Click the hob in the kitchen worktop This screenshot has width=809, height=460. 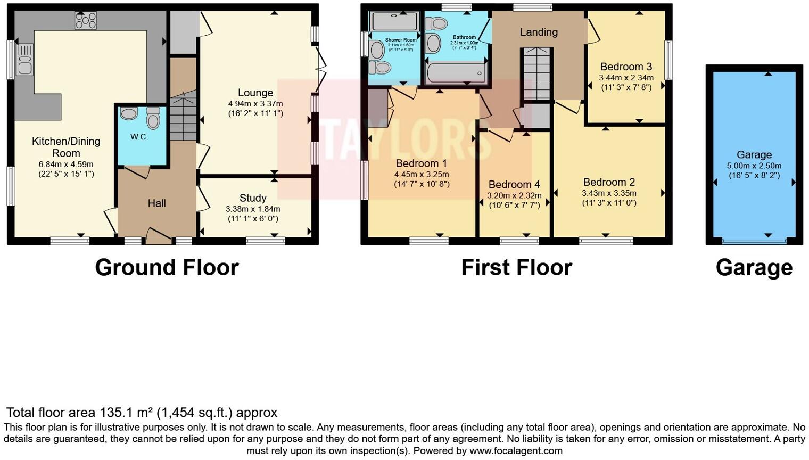click(86, 21)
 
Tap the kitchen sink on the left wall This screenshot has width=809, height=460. click(24, 59)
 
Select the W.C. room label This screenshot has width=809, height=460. click(139, 137)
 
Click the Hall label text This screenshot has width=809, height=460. click(157, 203)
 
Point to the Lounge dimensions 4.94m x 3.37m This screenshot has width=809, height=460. click(255, 104)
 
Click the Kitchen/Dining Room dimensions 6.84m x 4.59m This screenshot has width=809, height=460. click(66, 165)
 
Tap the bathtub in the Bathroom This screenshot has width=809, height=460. click(456, 73)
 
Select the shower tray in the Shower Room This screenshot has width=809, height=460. click(394, 21)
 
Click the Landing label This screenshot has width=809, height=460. click(539, 32)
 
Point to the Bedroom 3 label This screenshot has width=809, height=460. click(626, 67)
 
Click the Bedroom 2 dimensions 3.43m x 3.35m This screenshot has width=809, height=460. click(609, 193)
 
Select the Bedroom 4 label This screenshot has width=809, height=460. click(514, 185)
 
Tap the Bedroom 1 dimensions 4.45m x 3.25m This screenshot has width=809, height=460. click(422, 175)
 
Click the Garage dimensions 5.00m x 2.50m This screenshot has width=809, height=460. click(754, 166)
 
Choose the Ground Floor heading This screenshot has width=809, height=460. click(167, 267)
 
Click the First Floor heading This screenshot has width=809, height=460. click(516, 267)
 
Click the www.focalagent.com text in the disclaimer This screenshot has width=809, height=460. click(515, 451)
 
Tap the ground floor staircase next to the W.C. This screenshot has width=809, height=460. click(183, 117)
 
